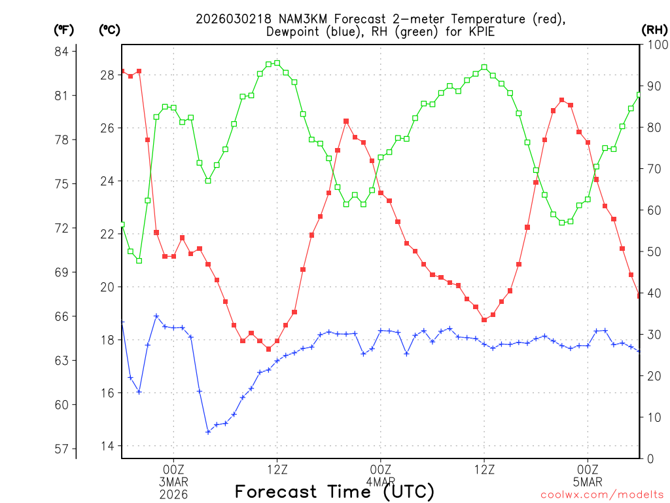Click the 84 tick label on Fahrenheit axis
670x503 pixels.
65,51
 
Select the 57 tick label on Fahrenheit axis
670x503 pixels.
65,449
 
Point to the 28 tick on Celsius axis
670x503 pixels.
107,75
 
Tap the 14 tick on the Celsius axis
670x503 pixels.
107,446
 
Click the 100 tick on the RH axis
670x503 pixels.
654,45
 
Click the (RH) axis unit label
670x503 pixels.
654,29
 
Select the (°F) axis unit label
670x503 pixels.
64,29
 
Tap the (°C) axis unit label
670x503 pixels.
110,29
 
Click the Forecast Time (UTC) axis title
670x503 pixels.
334,491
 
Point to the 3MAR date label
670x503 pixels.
173,481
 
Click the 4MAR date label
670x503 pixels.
380,481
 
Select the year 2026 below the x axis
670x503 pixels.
173,494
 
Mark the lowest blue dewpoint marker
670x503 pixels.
208,432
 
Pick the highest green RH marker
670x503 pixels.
277,63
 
